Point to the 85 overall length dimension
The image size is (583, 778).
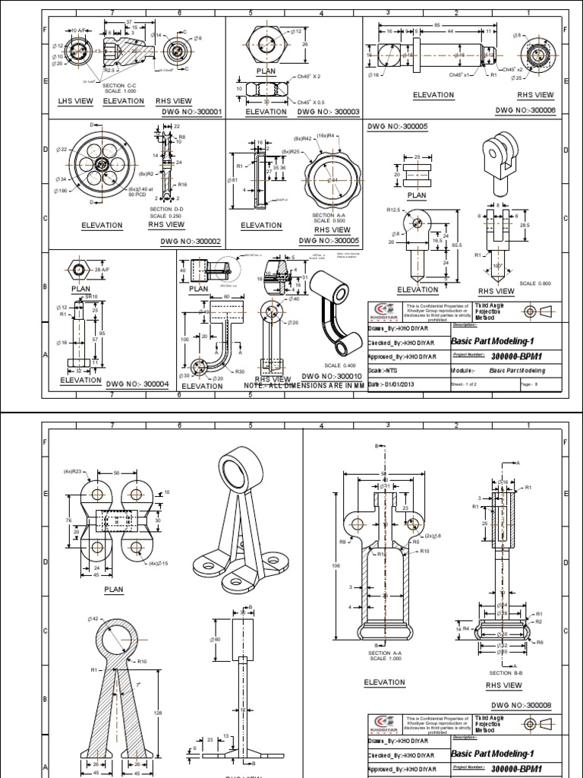click(436, 23)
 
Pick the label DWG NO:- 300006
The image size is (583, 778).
click(526, 110)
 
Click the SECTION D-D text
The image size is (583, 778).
click(166, 209)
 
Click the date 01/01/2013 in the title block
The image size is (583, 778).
click(393, 385)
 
